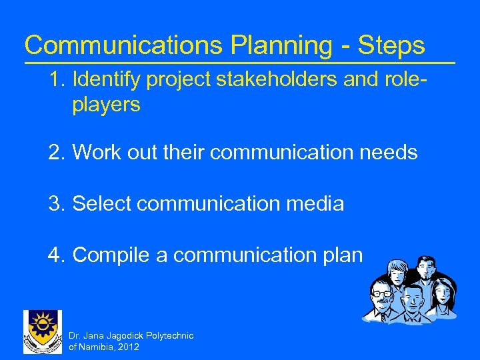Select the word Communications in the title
click(x=122, y=45)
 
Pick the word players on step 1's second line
click(x=106, y=105)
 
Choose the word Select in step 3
click(x=103, y=203)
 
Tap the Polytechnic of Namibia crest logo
click(x=42, y=332)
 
